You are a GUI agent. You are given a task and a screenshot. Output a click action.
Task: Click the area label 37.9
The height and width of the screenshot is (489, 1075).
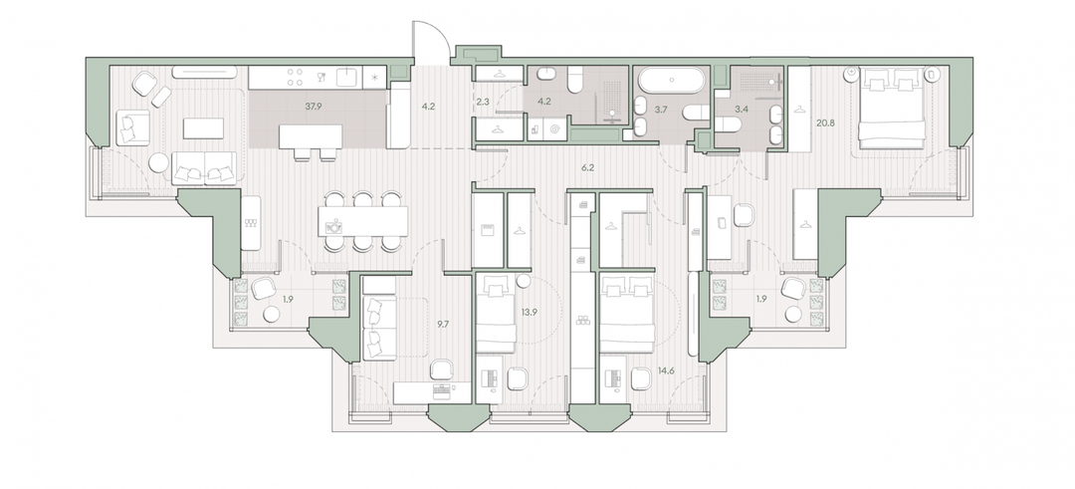316,107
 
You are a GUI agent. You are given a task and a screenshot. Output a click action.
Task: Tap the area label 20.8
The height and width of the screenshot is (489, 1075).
825,123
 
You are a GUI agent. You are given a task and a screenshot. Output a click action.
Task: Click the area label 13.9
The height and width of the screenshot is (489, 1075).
530,312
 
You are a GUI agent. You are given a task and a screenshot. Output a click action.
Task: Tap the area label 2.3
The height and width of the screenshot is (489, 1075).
482,103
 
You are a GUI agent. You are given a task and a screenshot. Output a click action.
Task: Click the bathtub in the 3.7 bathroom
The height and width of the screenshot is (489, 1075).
671,81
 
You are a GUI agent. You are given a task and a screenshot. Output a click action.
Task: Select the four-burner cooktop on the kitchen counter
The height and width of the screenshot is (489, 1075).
296,77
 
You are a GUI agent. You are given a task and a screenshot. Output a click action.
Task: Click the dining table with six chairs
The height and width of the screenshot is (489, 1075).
362,221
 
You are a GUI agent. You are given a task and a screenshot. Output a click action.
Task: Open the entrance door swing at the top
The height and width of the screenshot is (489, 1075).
431,41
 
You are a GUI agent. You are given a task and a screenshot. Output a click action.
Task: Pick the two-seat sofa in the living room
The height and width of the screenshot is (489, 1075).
204,166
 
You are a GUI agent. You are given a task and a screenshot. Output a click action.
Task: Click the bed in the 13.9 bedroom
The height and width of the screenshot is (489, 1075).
495,313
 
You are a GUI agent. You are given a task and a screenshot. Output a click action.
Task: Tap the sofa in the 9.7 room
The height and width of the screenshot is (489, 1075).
379,328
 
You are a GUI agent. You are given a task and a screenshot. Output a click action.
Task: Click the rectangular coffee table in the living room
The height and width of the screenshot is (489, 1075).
203,128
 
